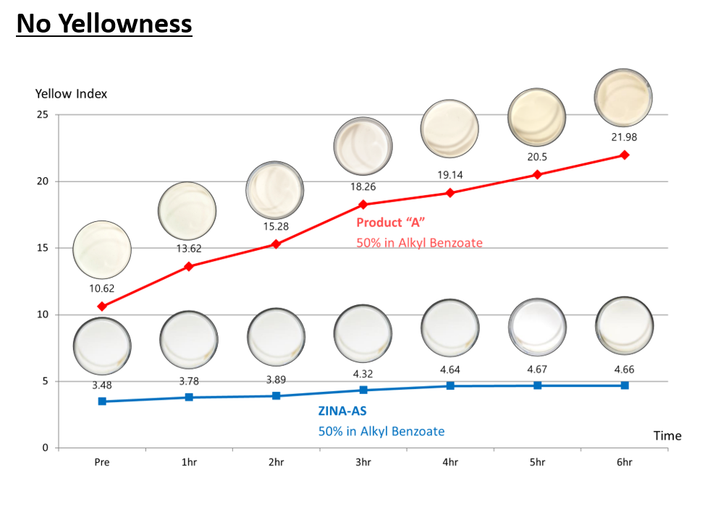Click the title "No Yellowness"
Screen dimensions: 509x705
(x=104, y=24)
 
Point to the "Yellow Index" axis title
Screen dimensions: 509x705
(x=71, y=94)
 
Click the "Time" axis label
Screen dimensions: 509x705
(x=667, y=435)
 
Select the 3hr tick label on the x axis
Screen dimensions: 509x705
(x=363, y=462)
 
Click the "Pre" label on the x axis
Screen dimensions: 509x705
(x=102, y=462)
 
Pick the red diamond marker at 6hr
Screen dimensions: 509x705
(x=624, y=155)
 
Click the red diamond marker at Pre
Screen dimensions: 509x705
(x=102, y=307)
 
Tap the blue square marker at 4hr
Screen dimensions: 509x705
(x=450, y=386)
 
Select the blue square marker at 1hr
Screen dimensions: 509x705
(x=189, y=397)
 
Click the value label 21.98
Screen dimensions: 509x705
(x=624, y=137)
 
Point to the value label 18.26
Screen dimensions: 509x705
(x=363, y=187)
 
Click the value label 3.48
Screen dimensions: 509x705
(x=102, y=385)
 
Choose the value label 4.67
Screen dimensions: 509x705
(x=537, y=369)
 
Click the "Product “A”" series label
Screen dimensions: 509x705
(x=389, y=223)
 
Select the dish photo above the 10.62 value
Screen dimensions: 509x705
(x=102, y=250)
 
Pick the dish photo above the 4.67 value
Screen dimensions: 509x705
(x=537, y=328)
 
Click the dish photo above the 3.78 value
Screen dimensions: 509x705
(x=189, y=339)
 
